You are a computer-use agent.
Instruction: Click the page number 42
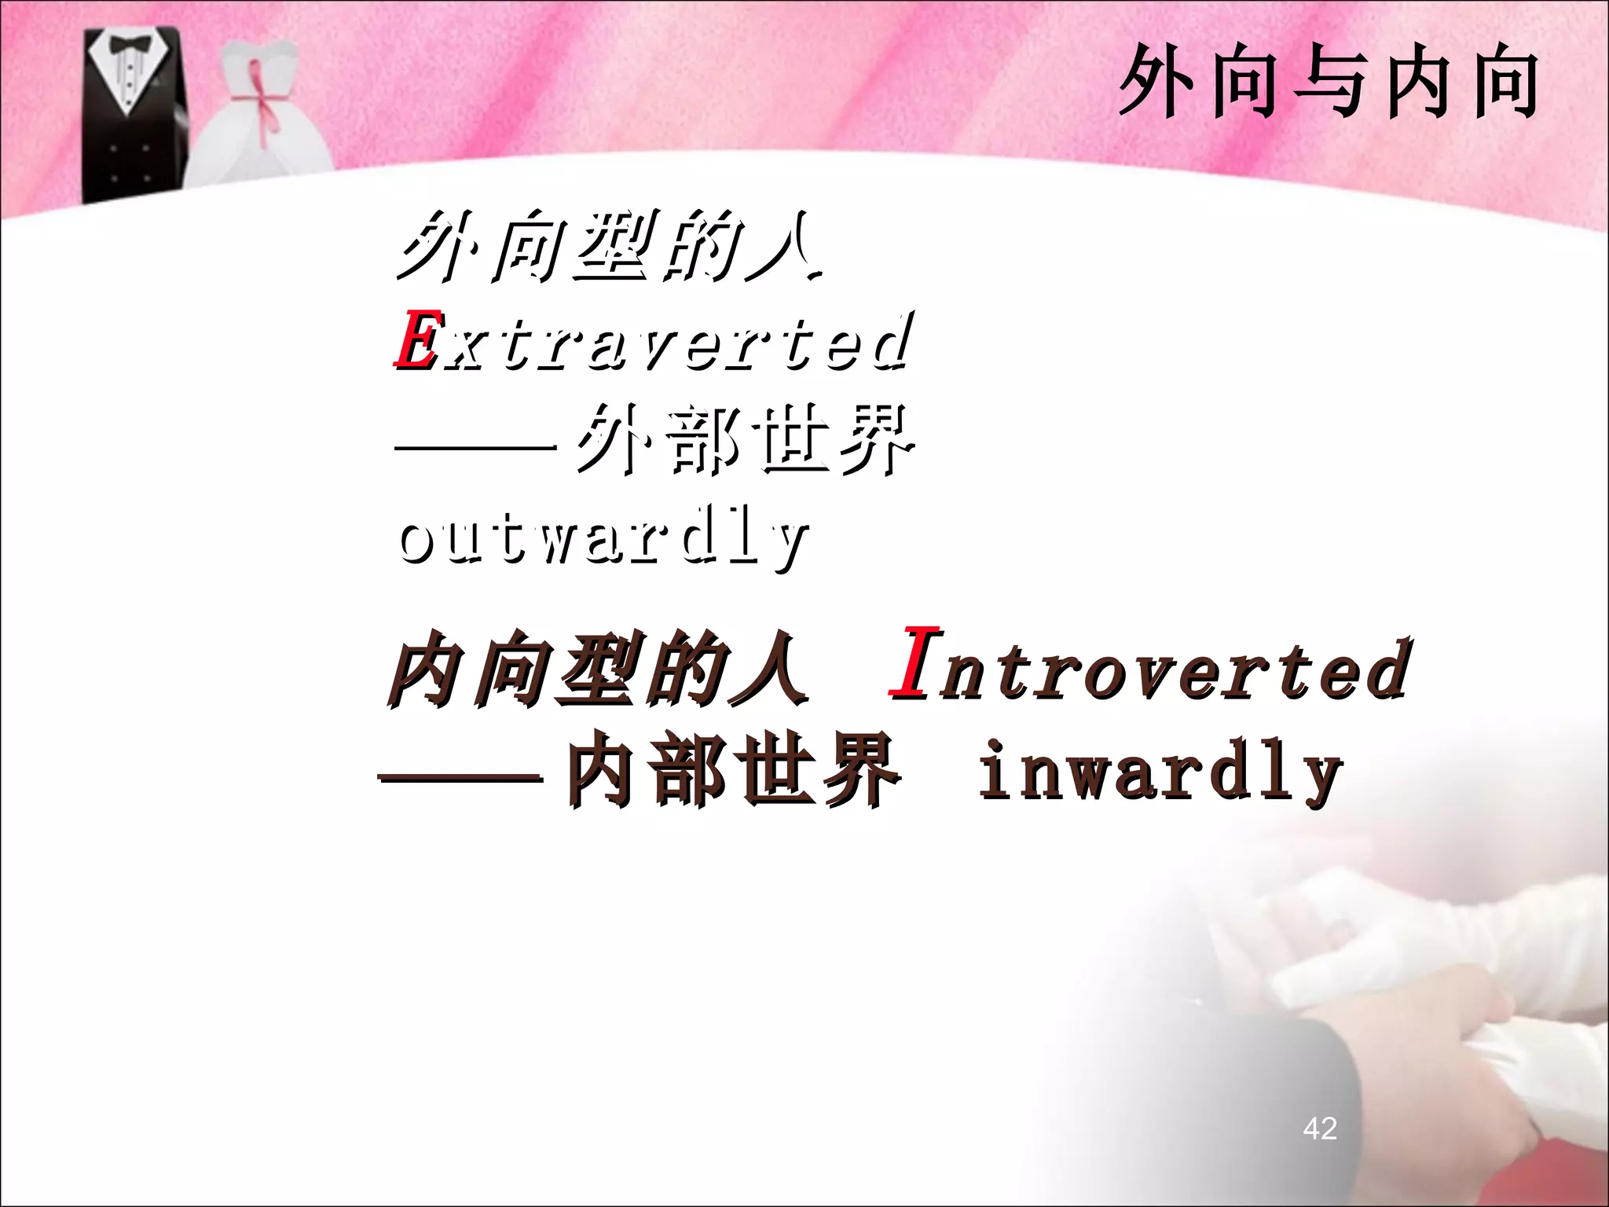[1319, 1128]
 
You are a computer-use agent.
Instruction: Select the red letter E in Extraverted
[414, 341]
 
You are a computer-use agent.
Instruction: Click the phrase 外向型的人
[609, 247]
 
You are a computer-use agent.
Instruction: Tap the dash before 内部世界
[461, 779]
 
